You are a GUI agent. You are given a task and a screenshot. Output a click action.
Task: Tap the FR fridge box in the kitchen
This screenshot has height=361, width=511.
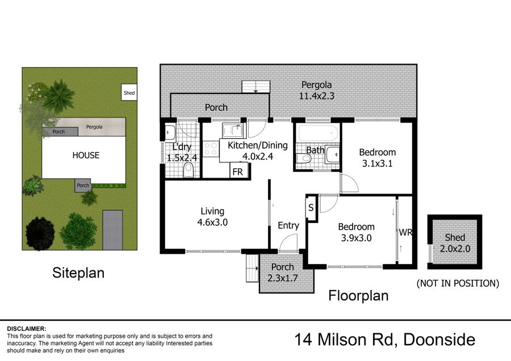(240, 170)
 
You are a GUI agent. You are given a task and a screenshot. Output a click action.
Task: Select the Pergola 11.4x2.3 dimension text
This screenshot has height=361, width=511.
(316, 90)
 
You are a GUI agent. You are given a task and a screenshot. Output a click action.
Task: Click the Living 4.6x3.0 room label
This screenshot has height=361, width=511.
(212, 217)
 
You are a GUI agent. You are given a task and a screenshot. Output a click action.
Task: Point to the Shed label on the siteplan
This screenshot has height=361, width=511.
(129, 93)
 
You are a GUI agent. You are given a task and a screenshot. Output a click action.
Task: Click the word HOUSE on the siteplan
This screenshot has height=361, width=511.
(86, 155)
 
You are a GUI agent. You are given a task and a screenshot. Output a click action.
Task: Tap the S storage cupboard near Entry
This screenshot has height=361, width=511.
(311, 208)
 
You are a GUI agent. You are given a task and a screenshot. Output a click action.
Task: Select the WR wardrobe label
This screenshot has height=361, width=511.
(405, 232)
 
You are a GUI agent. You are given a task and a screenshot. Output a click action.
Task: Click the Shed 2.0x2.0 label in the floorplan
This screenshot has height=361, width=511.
(455, 243)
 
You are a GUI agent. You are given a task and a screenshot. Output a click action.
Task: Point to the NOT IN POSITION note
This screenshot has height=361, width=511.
(458, 283)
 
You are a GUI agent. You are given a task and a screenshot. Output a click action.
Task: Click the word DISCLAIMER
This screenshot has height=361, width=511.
(27, 329)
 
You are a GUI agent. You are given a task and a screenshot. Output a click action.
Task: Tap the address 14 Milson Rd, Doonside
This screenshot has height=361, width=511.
(384, 339)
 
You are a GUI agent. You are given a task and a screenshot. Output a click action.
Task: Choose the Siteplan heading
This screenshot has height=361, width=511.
(78, 272)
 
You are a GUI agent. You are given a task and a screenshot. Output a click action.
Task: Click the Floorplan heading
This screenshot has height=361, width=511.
(358, 296)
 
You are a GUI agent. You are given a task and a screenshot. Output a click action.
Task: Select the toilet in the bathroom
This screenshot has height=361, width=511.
(304, 158)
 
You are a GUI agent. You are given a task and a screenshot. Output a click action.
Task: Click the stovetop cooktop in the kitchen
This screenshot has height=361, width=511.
(211, 149)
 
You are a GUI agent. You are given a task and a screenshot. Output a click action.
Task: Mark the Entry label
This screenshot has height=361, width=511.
(288, 225)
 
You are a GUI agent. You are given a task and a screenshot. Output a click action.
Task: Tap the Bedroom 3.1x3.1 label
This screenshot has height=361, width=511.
(378, 158)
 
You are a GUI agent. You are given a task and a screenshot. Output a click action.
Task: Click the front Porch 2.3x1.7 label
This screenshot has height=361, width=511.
(283, 272)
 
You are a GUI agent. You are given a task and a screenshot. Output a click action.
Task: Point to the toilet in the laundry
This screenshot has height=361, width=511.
(189, 170)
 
